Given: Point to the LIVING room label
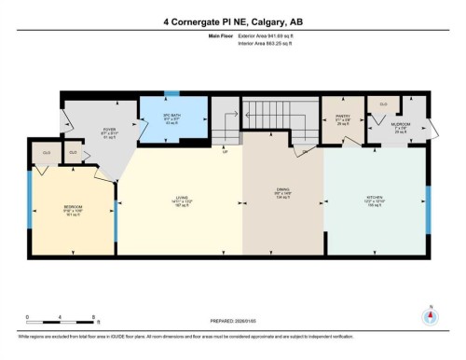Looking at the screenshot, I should click(182, 198).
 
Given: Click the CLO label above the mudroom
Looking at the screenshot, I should click(383, 104).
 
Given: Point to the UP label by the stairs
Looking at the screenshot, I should click(226, 151).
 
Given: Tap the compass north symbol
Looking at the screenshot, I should click(430, 313).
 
